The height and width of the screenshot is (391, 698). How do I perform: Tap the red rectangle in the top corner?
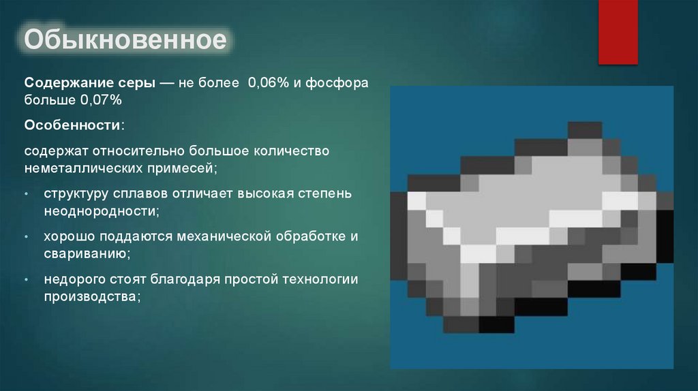point(618,31)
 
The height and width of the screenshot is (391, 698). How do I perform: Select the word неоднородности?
point(101,211)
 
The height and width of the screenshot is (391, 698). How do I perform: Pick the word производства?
point(91,297)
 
